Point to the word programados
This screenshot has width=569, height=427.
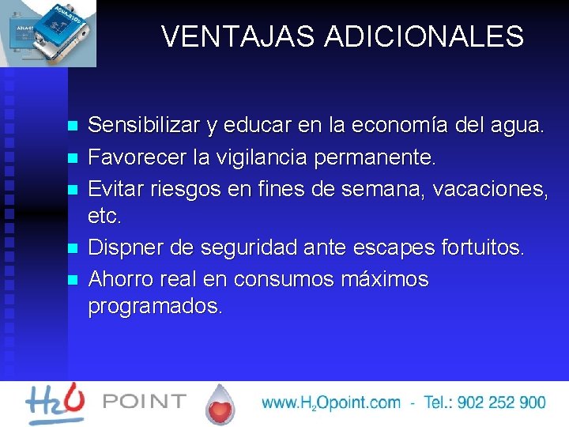156,306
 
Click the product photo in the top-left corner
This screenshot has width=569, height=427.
48,33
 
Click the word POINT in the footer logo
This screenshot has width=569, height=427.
145,402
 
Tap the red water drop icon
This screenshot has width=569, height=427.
220,405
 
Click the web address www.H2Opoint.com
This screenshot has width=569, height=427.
331,402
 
